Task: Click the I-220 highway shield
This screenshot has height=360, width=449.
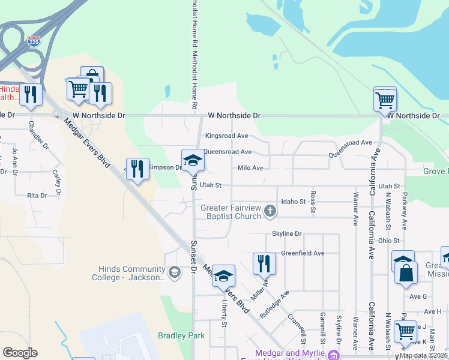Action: tap(34, 42)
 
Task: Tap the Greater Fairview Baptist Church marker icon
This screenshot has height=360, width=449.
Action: tap(270, 211)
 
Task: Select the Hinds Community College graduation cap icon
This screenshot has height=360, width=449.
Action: tap(174, 272)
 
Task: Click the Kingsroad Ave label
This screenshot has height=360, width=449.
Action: tap(226, 136)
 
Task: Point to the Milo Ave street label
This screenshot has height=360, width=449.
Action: tap(250, 169)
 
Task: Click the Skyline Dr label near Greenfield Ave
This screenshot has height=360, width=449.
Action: tap(286, 233)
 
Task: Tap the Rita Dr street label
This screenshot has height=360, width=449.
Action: tap(37, 196)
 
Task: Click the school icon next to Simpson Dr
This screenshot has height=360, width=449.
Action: tap(193, 160)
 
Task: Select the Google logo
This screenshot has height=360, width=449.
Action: tap(20, 353)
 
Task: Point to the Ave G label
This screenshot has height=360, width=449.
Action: tap(417, 296)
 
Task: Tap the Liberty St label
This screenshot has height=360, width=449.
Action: tap(224, 314)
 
